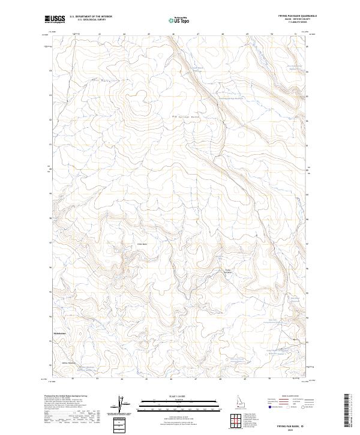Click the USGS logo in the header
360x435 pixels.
point(55,19)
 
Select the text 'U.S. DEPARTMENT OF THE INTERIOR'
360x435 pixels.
point(91,17)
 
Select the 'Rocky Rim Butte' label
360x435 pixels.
point(228,271)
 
